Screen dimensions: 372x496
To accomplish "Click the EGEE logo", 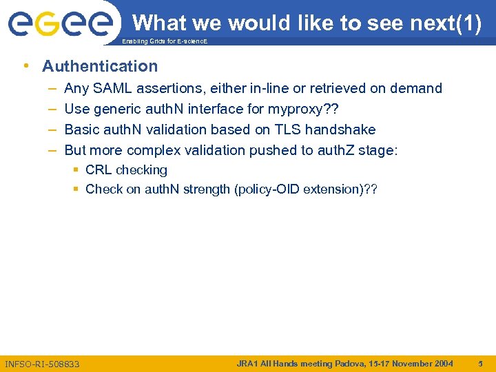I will [61, 23].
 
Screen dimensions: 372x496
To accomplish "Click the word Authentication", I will [100, 66].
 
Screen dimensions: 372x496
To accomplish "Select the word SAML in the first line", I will [112, 88].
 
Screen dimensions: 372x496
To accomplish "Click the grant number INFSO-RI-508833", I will [42, 364].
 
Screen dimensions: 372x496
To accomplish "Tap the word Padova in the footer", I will [352, 363].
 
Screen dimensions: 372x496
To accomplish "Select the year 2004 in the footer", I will [442, 363].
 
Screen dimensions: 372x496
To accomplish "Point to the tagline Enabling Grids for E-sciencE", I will [164, 42].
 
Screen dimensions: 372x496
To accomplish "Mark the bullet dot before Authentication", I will [26, 66].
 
